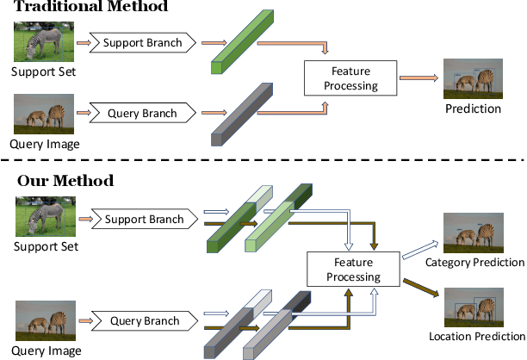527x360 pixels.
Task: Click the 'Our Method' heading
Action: click(65, 181)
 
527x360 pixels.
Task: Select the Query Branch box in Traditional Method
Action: click(142, 113)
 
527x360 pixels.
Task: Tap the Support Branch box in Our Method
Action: click(144, 219)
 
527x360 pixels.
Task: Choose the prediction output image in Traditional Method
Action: click(473, 79)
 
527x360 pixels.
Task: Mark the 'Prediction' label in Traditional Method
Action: click(473, 109)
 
